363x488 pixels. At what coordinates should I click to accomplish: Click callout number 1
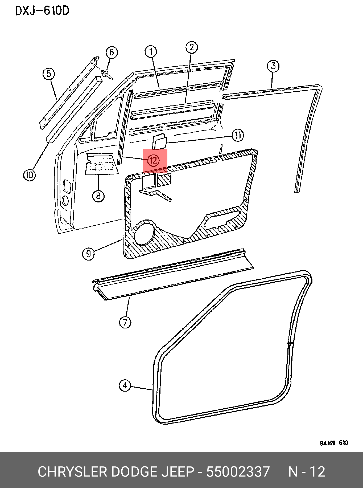click(151, 52)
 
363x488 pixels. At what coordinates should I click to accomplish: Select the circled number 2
click(192, 47)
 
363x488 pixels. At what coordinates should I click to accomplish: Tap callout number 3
click(273, 66)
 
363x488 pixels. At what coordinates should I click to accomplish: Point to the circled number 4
click(125, 385)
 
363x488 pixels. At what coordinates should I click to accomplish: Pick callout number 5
click(49, 74)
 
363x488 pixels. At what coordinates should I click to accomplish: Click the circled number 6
click(112, 52)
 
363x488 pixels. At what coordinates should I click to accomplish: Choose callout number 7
click(125, 322)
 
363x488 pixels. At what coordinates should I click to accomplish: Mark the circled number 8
click(98, 196)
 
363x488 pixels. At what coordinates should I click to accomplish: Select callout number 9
click(88, 253)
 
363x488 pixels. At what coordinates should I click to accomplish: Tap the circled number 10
click(29, 175)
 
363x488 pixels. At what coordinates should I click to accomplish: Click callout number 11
click(238, 135)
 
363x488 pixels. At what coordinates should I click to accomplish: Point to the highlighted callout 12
click(154, 160)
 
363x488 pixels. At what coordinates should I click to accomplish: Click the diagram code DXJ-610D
click(42, 11)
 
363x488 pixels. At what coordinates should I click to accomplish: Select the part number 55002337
click(238, 471)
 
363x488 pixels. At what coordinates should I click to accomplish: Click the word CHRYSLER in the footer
click(72, 471)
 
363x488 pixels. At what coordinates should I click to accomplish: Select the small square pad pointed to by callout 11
click(159, 141)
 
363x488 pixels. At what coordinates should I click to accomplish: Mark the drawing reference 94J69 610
click(334, 443)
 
